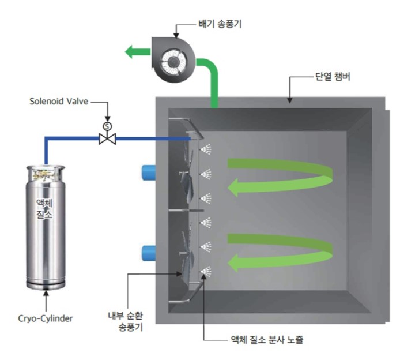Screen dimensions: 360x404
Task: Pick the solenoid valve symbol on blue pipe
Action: (x=107, y=138)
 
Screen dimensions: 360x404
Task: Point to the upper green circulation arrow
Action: (x=282, y=175)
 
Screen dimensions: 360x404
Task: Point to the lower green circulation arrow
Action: (x=282, y=252)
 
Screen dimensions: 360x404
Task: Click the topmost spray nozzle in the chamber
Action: (x=205, y=150)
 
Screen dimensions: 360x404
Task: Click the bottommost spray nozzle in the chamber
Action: (x=205, y=270)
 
